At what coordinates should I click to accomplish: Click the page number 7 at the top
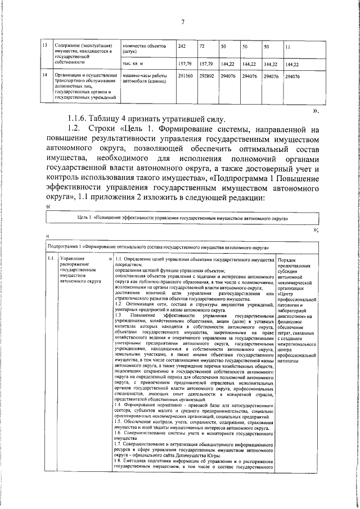[182, 22]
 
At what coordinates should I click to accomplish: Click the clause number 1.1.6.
[80, 118]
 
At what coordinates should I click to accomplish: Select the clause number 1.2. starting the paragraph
[80, 130]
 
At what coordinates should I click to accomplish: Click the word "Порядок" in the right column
[289, 259]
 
